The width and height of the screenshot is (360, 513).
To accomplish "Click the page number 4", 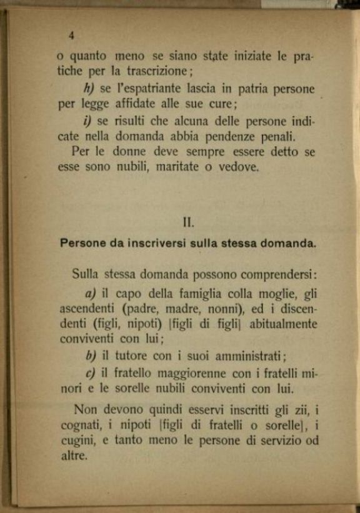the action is (71, 35).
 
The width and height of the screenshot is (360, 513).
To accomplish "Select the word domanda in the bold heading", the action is (292, 244).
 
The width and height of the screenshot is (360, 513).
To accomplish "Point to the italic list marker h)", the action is (88, 88).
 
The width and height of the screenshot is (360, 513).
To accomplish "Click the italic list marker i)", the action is (87, 121).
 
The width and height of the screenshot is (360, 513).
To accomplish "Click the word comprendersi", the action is (279, 272).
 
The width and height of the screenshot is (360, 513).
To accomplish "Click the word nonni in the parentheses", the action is (217, 309).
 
